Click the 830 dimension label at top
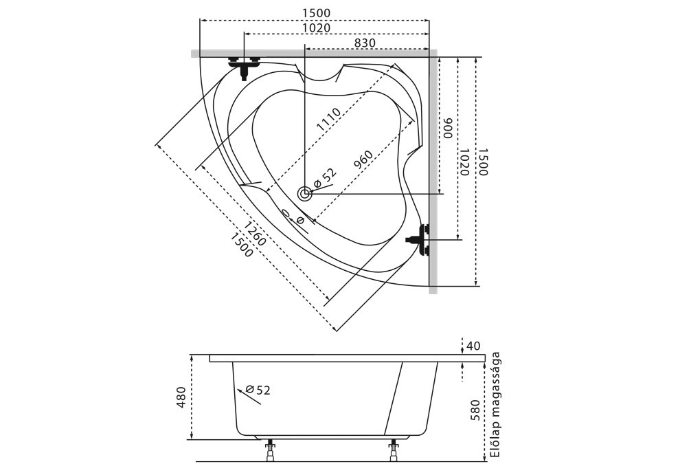365,43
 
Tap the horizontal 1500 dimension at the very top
316,13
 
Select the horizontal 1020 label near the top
316,27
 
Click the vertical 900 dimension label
447,128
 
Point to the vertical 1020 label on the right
464,162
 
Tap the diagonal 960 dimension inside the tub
363,159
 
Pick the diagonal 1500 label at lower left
241,245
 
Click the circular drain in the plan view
305,194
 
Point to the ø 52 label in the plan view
324,177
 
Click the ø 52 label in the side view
258,390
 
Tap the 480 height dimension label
181,397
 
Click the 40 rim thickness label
473,346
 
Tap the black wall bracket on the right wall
418,240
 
